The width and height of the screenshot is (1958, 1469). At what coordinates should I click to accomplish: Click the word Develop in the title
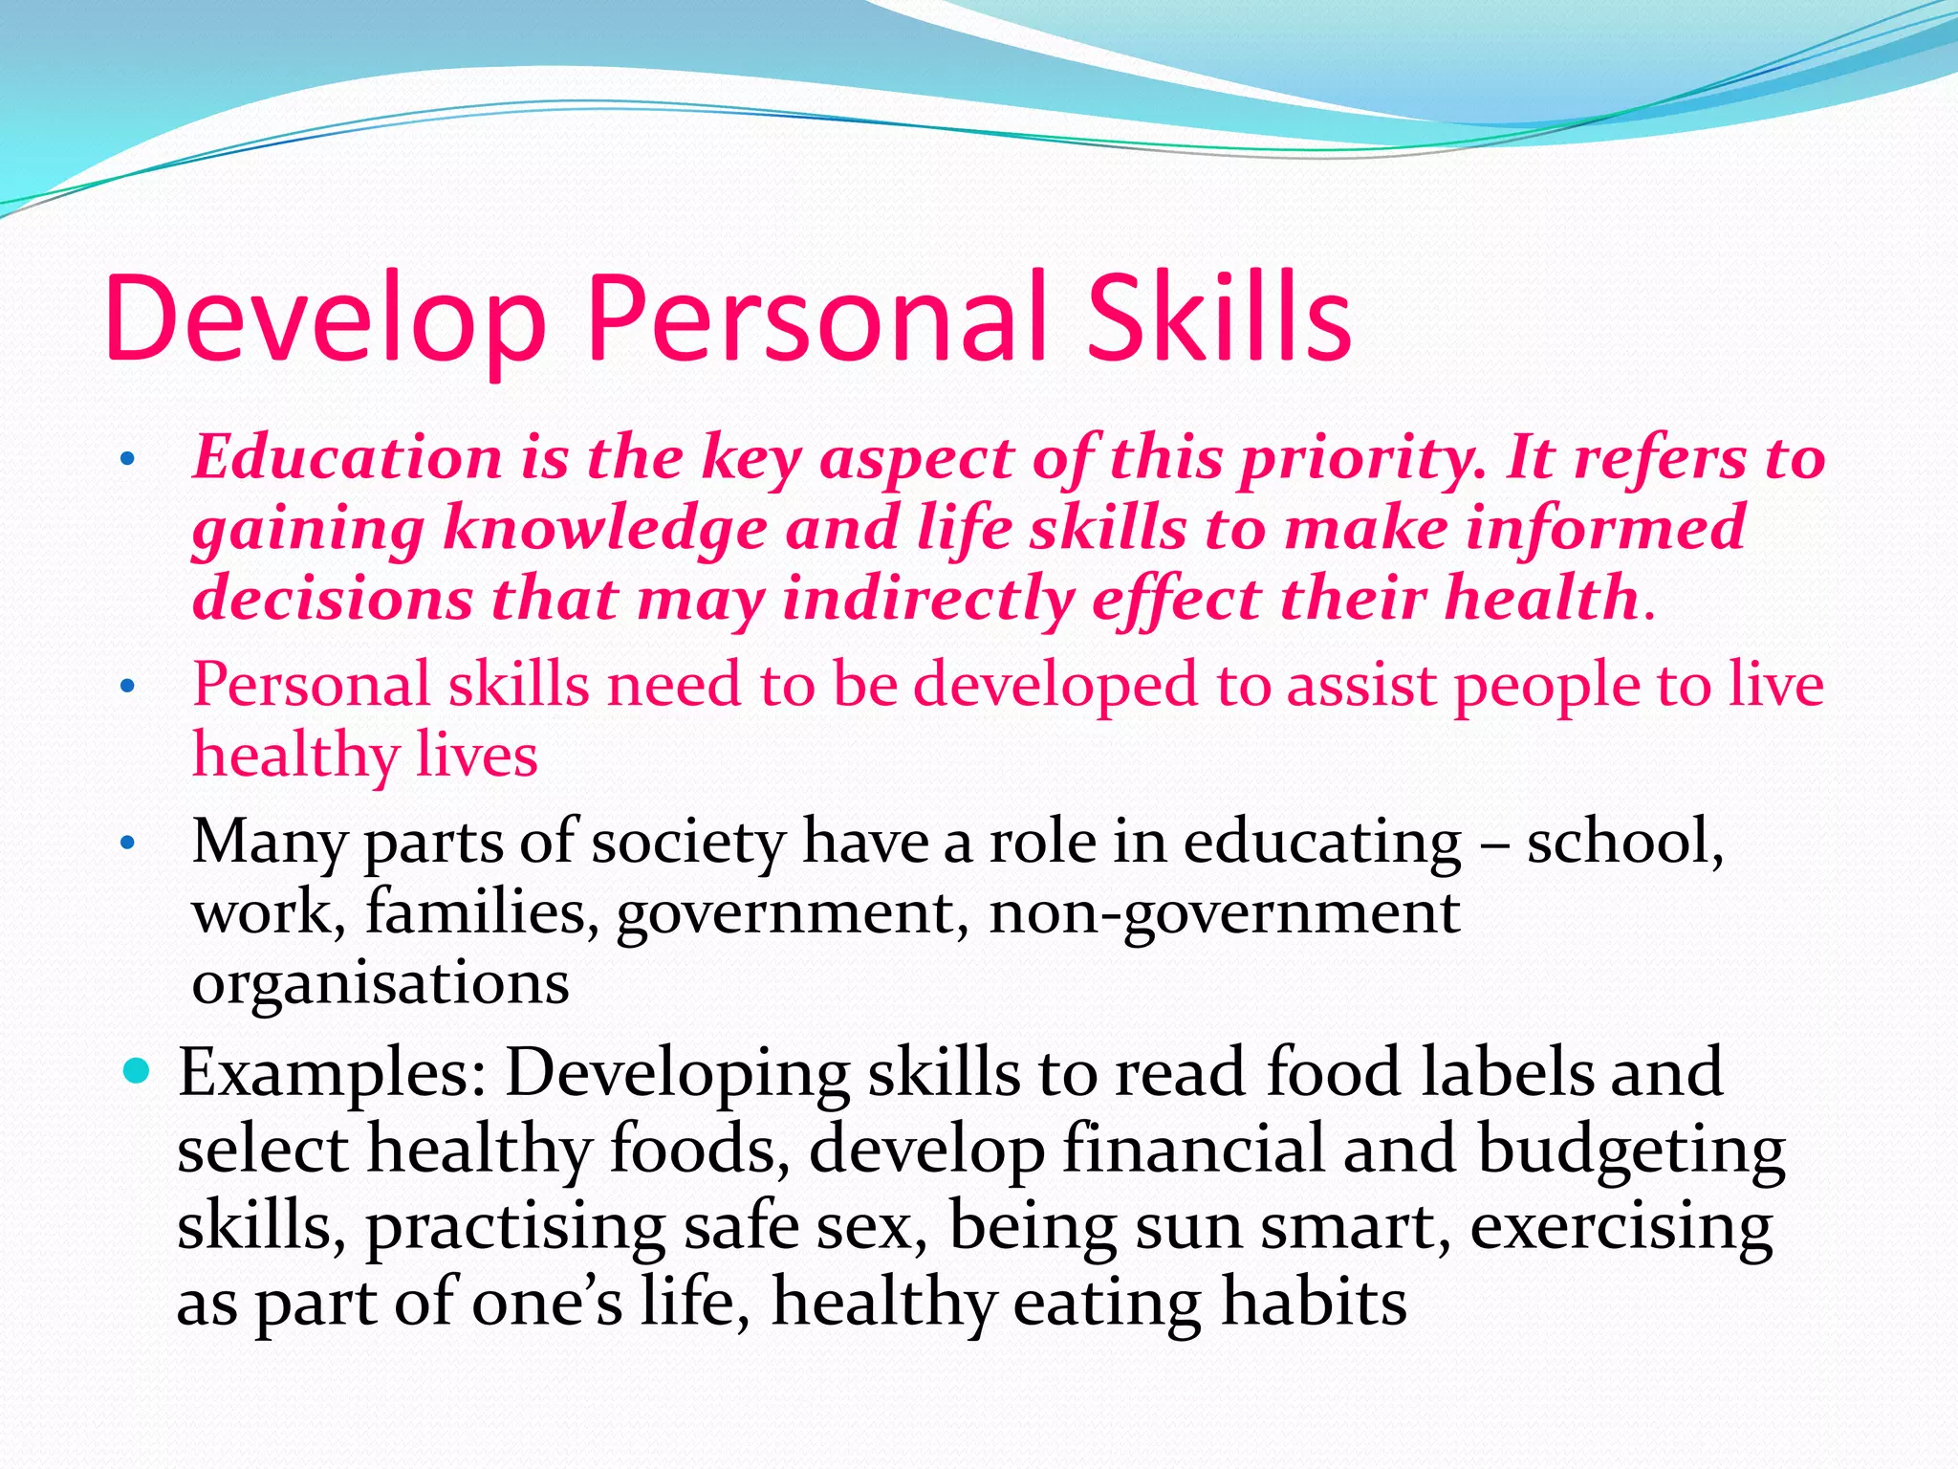click(325, 318)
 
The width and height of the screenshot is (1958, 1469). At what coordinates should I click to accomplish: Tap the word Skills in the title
click(1220, 318)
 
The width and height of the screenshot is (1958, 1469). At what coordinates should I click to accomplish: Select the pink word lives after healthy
click(477, 755)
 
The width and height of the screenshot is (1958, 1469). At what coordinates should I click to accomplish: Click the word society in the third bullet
click(688, 842)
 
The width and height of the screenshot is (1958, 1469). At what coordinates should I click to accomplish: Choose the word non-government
click(1224, 913)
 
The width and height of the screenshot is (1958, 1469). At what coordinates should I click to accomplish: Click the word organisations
click(381, 982)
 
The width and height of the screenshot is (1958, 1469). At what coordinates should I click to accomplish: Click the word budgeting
click(1630, 1150)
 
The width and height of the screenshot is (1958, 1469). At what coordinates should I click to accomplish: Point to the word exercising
click(1621, 1226)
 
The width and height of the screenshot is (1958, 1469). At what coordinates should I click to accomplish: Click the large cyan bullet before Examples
click(138, 1070)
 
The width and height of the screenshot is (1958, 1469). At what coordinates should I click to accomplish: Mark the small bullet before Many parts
click(128, 844)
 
